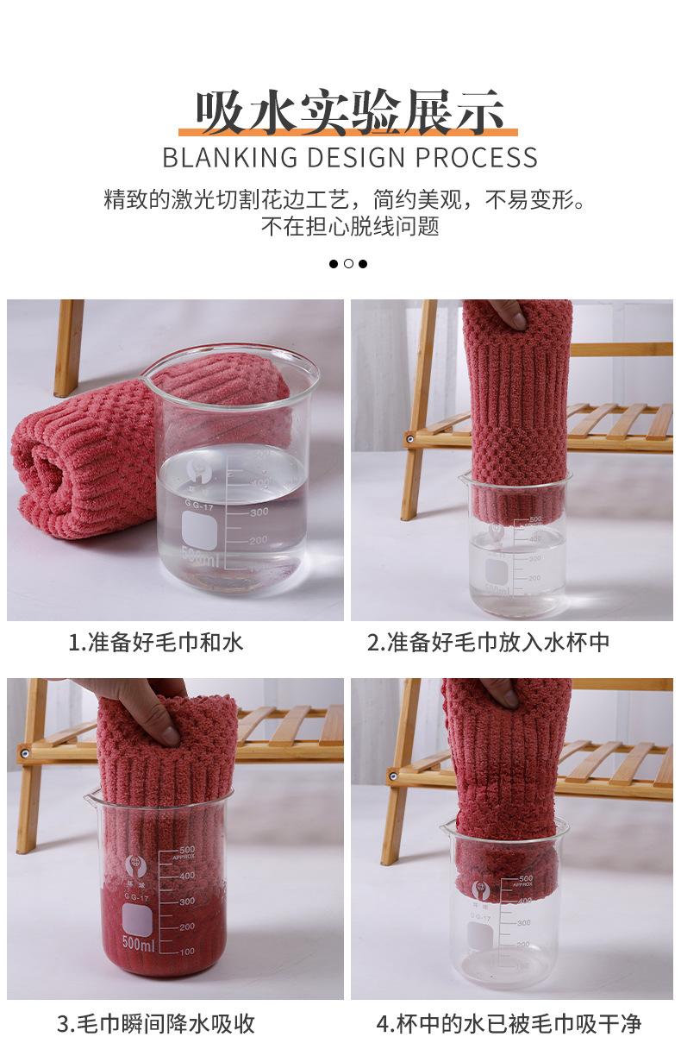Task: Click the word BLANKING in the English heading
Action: click(229, 157)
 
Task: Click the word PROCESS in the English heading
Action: click(476, 157)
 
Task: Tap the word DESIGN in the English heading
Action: click(356, 157)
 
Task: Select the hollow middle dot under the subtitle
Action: click(348, 264)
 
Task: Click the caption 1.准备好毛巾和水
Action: click(156, 643)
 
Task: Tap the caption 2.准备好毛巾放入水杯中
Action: click(488, 643)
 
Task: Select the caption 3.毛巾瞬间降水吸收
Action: click(156, 1024)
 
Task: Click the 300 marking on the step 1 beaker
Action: click(259, 512)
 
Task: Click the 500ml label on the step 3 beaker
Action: click(138, 943)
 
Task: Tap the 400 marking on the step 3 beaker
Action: click(187, 875)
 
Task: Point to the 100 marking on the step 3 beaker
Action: click(187, 951)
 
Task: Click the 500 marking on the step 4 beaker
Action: click(526, 878)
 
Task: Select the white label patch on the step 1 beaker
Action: click(199, 530)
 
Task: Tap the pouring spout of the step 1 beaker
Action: click(145, 377)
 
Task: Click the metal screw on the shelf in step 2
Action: click(409, 439)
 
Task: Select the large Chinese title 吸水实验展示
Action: click(349, 112)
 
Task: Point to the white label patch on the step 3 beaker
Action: click(137, 920)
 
